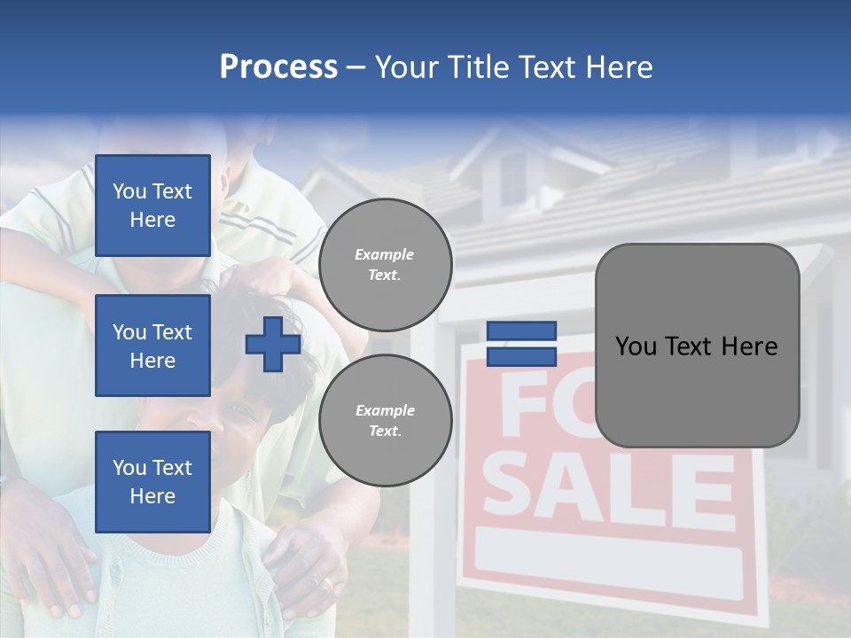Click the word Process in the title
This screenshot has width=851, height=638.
(x=278, y=67)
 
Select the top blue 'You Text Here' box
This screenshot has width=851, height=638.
(x=152, y=206)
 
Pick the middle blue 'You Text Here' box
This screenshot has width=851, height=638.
(x=152, y=346)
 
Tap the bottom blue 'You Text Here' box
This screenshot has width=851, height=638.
(x=152, y=481)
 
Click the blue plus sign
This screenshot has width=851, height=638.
(x=273, y=344)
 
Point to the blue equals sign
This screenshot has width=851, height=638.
(x=521, y=344)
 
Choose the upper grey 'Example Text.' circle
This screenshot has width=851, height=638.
(x=385, y=265)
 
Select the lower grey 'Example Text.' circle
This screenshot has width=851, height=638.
(x=385, y=420)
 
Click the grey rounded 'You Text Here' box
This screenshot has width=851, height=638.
(x=697, y=346)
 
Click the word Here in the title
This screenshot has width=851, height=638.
(x=617, y=67)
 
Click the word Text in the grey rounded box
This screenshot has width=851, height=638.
(x=696, y=346)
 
